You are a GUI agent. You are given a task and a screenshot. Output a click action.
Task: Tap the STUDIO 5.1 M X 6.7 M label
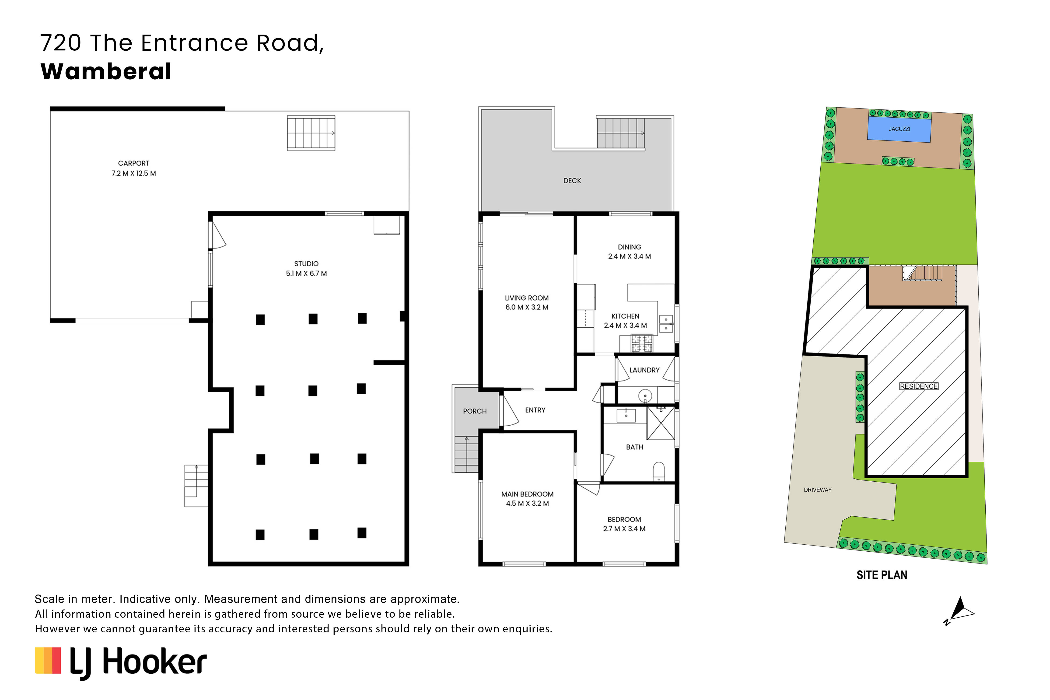click(x=306, y=268)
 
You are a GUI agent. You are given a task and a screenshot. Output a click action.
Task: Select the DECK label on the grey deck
click(x=572, y=181)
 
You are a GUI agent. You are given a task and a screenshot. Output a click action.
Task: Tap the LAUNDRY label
click(x=644, y=370)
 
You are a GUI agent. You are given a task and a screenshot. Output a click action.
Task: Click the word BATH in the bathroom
click(x=634, y=447)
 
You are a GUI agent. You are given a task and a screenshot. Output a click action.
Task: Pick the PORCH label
click(x=475, y=411)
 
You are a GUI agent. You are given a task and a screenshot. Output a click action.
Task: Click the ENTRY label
click(x=535, y=410)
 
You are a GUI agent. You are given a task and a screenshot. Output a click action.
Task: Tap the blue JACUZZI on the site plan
click(x=899, y=129)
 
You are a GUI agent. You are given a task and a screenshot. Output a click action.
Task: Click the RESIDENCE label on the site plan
click(x=919, y=386)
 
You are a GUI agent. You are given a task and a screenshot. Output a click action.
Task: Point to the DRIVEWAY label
click(x=817, y=490)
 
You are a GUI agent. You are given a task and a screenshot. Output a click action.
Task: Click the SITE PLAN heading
click(x=882, y=575)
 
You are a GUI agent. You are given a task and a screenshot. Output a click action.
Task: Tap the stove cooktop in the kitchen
click(x=641, y=343)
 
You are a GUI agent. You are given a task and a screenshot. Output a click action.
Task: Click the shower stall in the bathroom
click(x=660, y=423)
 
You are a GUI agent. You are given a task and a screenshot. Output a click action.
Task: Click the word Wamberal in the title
click(x=106, y=71)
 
